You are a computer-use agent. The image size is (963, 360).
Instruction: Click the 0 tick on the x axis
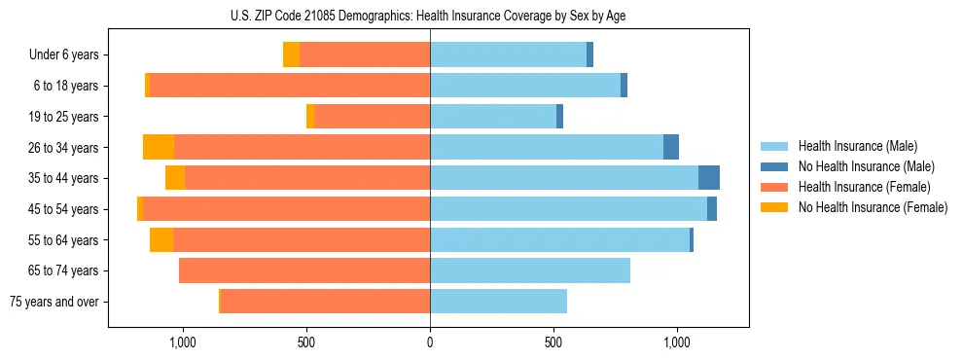pos(430,342)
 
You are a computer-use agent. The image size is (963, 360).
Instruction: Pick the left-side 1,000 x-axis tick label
pos(183,342)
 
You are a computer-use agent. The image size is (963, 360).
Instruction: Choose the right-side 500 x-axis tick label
pos(553,342)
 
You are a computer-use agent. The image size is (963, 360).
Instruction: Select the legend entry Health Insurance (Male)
pos(857,146)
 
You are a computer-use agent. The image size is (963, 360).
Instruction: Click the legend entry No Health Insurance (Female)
pos(873,207)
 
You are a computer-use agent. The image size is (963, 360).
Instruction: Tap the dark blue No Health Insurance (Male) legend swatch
pos(774,166)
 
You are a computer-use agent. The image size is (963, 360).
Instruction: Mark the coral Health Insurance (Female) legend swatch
pos(774,187)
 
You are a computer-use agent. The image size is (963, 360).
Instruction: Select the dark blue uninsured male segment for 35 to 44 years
pos(709,178)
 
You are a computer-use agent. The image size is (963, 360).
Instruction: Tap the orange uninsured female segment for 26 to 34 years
pos(159,147)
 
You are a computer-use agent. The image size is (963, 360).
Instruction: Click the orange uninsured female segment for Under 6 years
pos(291,54)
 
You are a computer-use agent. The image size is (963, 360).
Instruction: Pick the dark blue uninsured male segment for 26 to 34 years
pos(671,147)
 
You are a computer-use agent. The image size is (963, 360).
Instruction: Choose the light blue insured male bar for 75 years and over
pos(498,302)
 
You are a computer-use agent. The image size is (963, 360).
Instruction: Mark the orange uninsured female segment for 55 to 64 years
pos(161,239)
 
